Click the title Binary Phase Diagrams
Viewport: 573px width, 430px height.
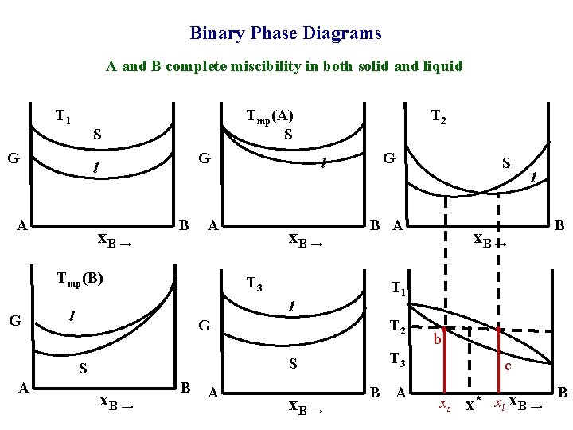point(286,33)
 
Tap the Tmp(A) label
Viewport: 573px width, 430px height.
point(270,116)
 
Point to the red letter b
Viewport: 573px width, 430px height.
point(438,341)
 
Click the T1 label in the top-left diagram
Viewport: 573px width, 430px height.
point(63,116)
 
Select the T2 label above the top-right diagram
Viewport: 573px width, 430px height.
point(438,117)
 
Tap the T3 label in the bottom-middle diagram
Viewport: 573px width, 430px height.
point(254,284)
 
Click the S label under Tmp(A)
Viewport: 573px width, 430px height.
point(288,135)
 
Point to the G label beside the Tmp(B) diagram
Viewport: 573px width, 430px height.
point(14,321)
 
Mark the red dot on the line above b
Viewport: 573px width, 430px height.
point(444,328)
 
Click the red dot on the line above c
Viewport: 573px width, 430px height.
point(497,328)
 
